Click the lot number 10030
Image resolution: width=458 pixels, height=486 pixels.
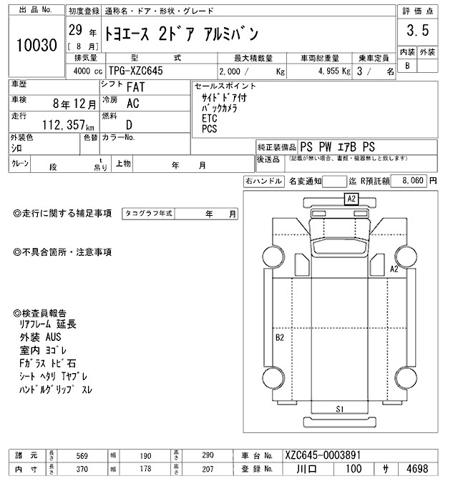[x=36, y=44]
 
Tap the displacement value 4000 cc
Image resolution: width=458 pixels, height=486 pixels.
[x=86, y=71]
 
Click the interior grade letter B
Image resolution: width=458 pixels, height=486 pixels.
[x=408, y=66]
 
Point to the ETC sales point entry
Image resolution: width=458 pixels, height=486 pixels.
[x=209, y=119]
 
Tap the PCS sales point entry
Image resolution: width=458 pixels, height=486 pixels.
[x=209, y=129]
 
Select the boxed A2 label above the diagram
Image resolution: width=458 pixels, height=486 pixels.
[x=351, y=199]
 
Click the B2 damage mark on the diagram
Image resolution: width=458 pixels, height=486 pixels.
[x=280, y=337]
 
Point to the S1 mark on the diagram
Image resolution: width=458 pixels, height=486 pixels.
[x=341, y=409]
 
